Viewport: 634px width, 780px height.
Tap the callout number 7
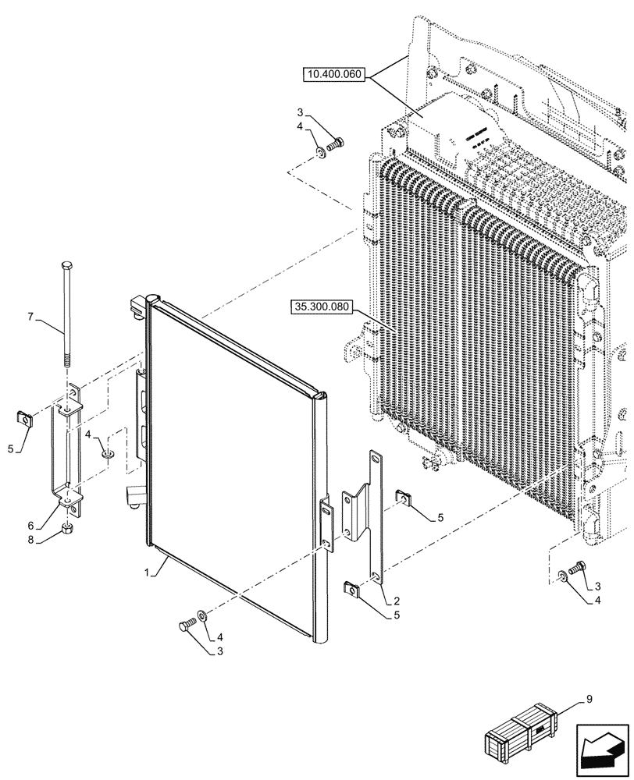[x=31, y=317]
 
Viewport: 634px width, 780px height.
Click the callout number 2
[x=397, y=601]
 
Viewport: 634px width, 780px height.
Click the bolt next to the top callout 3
[x=337, y=144]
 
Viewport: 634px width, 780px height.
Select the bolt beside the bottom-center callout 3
[x=187, y=624]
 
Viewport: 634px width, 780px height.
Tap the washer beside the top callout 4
[x=322, y=150]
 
